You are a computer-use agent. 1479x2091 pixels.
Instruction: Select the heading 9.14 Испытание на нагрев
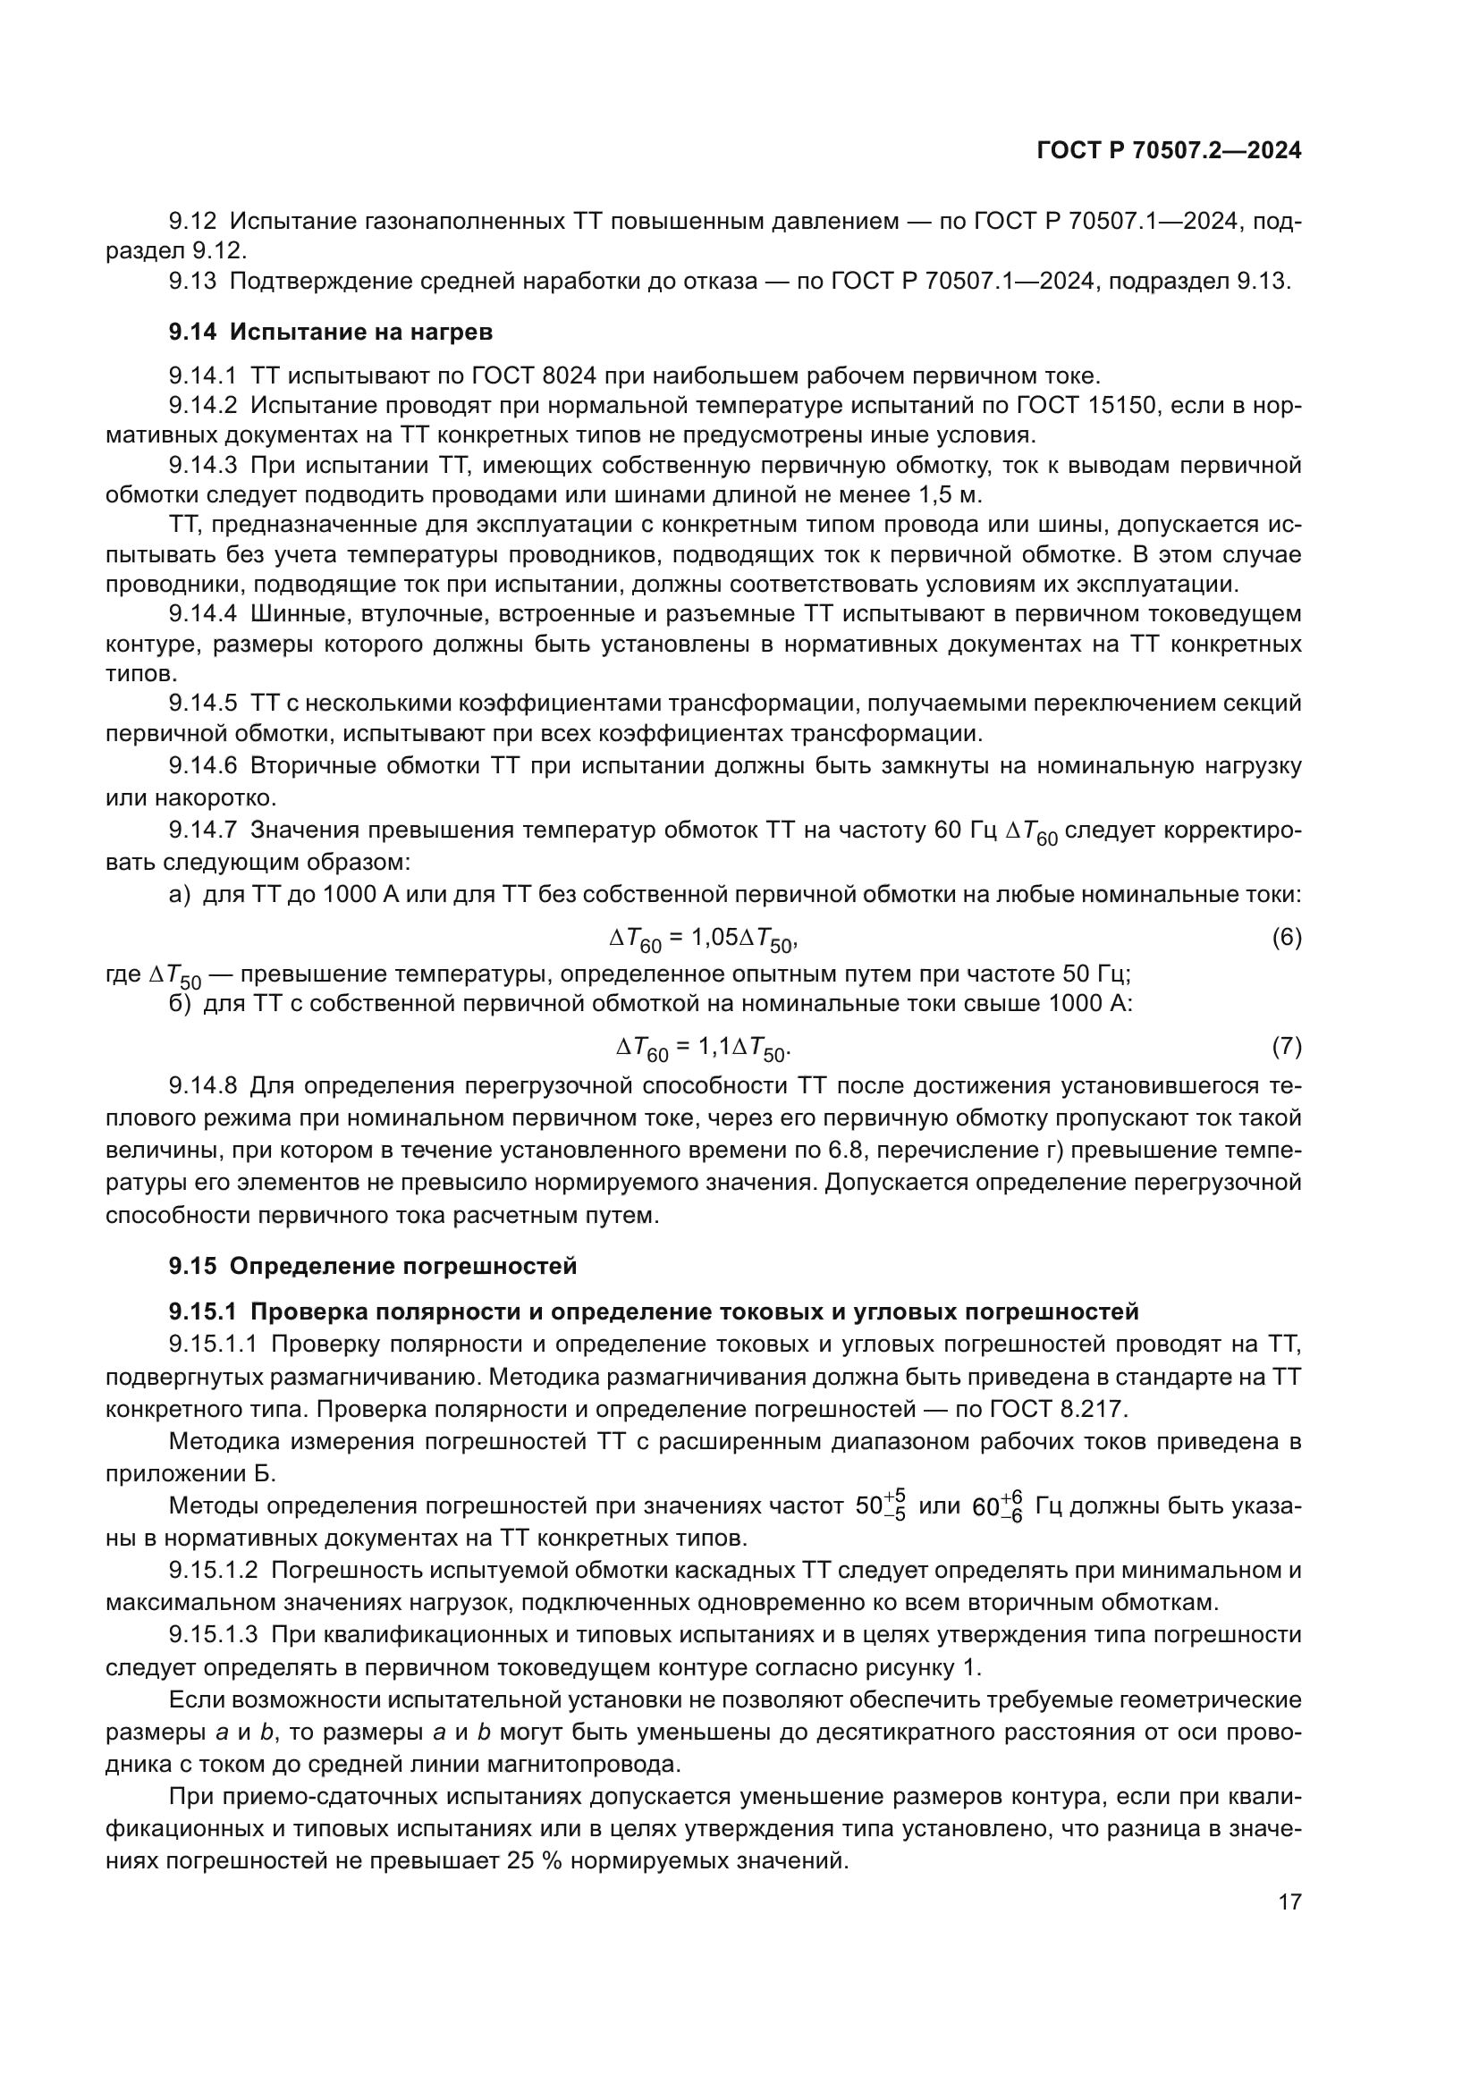[330, 332]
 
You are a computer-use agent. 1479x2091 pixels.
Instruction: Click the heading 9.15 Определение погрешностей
[373, 1266]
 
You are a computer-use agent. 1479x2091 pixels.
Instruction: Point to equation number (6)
[1286, 937]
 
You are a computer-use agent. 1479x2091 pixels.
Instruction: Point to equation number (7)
[1286, 1048]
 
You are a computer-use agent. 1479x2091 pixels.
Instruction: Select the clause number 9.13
[192, 281]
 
